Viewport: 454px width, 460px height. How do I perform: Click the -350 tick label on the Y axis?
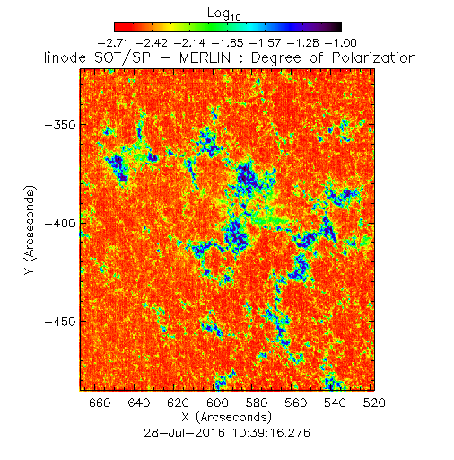60,125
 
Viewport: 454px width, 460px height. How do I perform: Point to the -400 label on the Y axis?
60,224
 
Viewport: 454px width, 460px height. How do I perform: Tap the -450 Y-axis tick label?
60,322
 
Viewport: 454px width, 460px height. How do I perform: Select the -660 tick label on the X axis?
95,402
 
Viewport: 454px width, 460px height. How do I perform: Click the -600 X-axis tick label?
213,402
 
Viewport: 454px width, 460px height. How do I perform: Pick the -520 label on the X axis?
370,402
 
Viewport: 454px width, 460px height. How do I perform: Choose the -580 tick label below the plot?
252,402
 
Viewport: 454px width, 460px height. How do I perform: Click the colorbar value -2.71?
113,43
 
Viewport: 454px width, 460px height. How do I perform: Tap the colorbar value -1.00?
341,43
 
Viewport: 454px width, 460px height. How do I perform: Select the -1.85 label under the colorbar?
227,43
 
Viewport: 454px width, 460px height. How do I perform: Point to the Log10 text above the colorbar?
224,13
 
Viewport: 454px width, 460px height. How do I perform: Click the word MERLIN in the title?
205,57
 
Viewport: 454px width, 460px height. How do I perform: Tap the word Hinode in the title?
62,57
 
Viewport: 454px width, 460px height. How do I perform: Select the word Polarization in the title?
374,57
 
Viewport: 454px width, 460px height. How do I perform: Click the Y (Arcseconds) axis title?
30,230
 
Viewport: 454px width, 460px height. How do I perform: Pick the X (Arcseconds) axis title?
227,418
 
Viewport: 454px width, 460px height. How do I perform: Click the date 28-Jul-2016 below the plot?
184,433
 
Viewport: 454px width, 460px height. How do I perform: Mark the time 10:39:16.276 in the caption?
271,433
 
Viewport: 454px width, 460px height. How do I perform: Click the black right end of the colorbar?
337,27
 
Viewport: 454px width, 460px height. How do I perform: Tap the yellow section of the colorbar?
171,27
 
